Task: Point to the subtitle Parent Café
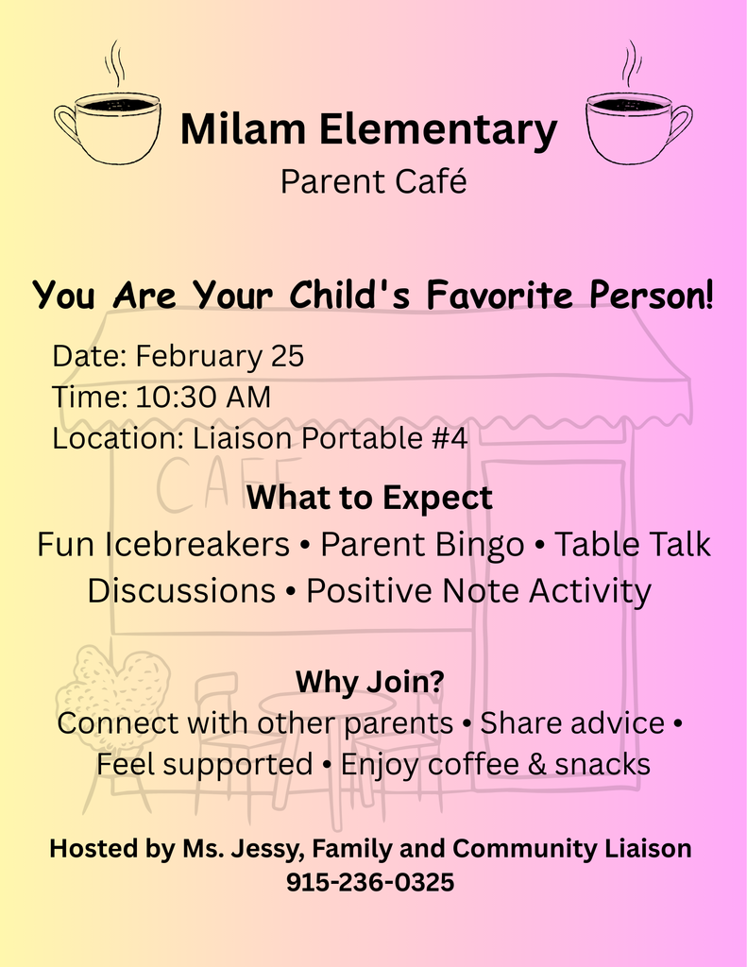(373, 181)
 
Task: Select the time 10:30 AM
(202, 398)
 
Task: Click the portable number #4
(450, 438)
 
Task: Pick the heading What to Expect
(369, 498)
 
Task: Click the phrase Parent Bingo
(421, 545)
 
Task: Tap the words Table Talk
(632, 545)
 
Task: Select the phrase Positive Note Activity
(479, 591)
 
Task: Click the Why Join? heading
(369, 681)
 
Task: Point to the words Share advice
(572, 723)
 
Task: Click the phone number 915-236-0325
(370, 883)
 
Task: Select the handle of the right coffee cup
(680, 124)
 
